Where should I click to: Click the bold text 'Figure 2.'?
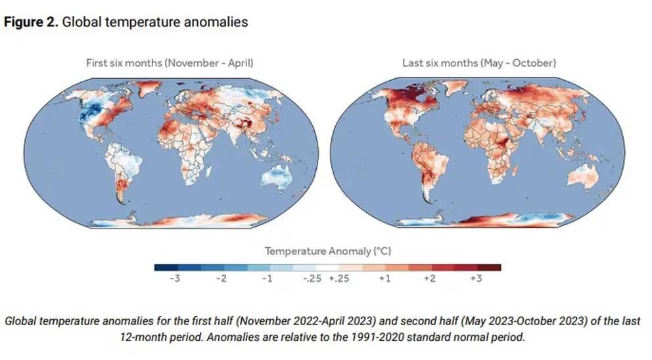[x=31, y=22]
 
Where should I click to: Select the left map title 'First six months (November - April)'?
[x=170, y=63]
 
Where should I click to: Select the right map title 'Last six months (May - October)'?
[x=479, y=63]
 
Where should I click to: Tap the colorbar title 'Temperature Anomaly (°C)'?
[x=328, y=251]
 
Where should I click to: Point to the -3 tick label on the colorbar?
[x=175, y=278]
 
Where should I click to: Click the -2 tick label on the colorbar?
[x=221, y=278]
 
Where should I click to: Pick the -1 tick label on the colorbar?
[x=268, y=278]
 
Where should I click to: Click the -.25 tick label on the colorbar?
[x=312, y=278]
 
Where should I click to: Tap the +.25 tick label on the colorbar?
[x=339, y=278]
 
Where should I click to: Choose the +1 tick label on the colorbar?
[x=384, y=278]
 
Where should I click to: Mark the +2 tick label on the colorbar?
[x=430, y=278]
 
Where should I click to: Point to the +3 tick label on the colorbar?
[x=476, y=278]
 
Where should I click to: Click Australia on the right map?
[x=583, y=176]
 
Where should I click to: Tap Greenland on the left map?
[x=148, y=87]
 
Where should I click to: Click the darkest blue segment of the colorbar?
[x=166, y=267]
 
